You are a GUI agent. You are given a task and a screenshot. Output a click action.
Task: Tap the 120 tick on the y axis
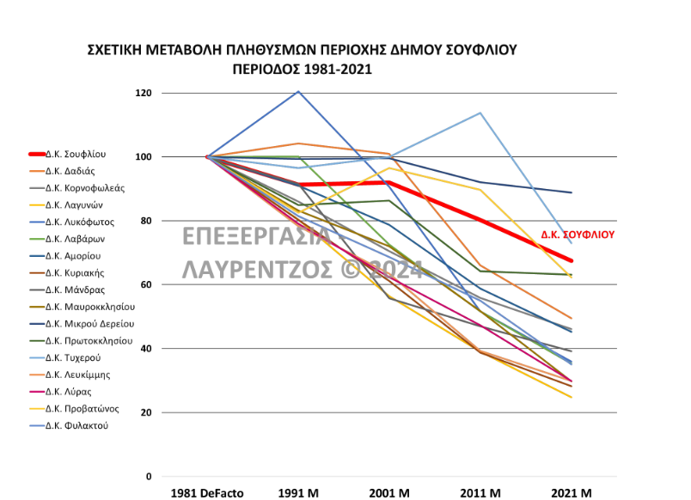coord(143,93)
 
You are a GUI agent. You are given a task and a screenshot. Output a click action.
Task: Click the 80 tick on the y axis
coord(145,221)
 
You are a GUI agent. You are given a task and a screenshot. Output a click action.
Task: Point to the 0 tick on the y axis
coord(148,477)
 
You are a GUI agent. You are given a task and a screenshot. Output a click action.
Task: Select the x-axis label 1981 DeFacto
coord(207,493)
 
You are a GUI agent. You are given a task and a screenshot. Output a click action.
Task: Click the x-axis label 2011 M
coord(480,493)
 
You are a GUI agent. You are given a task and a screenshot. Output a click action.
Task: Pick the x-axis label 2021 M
coord(571,493)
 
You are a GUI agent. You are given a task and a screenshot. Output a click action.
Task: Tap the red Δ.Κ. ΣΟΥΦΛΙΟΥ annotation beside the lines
coord(578,234)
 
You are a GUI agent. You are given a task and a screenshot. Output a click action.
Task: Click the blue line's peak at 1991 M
coord(298,91)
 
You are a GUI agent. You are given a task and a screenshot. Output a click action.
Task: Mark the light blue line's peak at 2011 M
coord(480,113)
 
